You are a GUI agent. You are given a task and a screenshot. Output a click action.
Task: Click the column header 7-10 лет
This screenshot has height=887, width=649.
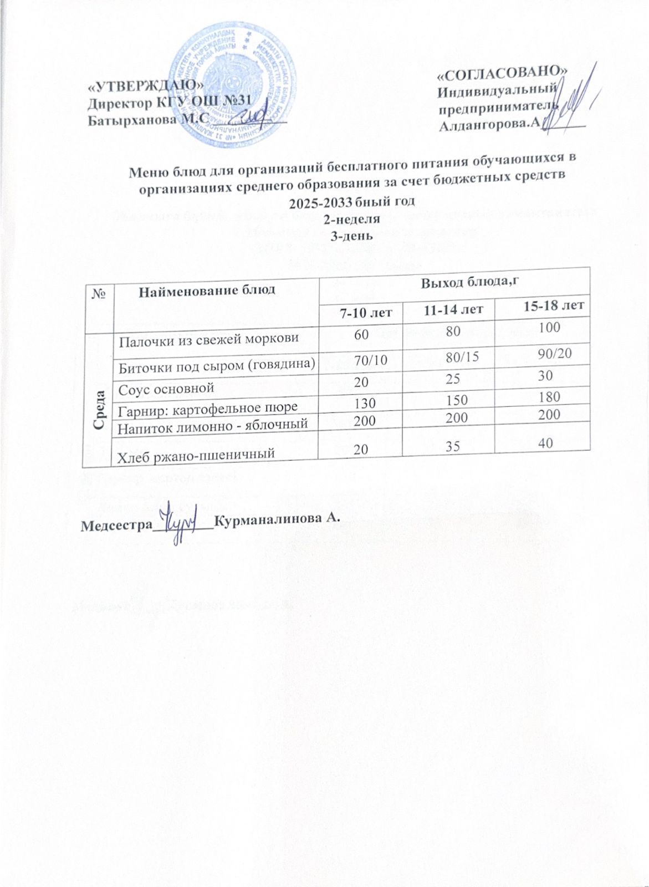pos(366,312)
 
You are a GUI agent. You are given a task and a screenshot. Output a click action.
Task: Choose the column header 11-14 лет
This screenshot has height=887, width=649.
pos(452,309)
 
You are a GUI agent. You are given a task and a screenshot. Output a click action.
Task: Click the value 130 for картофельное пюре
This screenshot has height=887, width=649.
pos(366,402)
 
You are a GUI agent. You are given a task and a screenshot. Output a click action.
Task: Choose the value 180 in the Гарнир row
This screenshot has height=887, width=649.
pos(549,396)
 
